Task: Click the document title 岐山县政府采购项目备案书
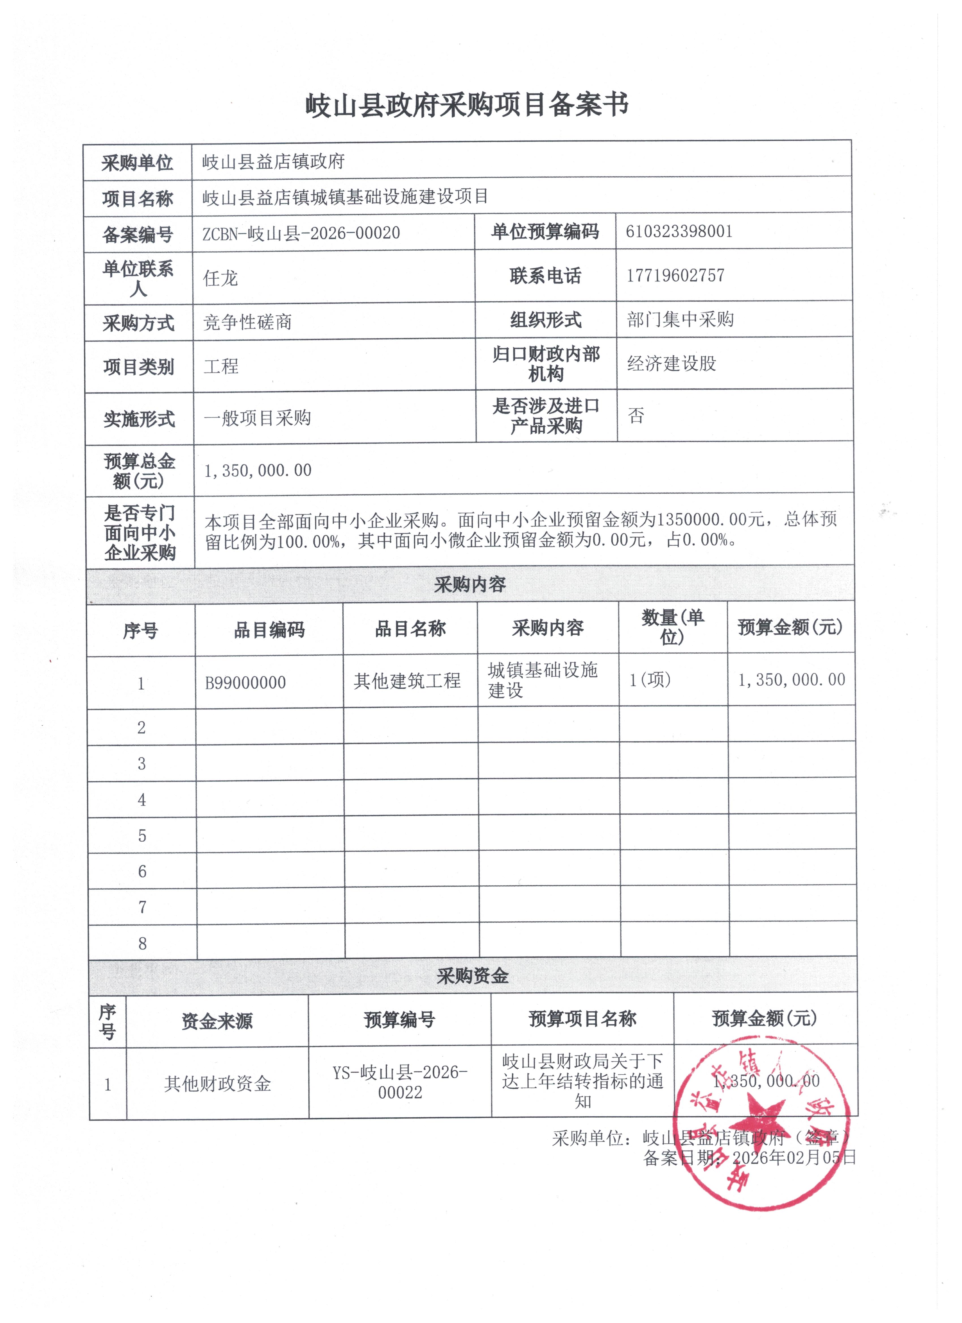pyautogui.click(x=467, y=106)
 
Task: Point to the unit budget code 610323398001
pyautogui.click(x=678, y=232)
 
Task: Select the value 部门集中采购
pyautogui.click(x=680, y=320)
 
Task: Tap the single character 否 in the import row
pyautogui.click(x=636, y=415)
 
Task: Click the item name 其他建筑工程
pyautogui.click(x=407, y=681)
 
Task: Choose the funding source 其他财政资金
pyautogui.click(x=218, y=1084)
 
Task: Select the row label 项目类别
pyautogui.click(x=139, y=367)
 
